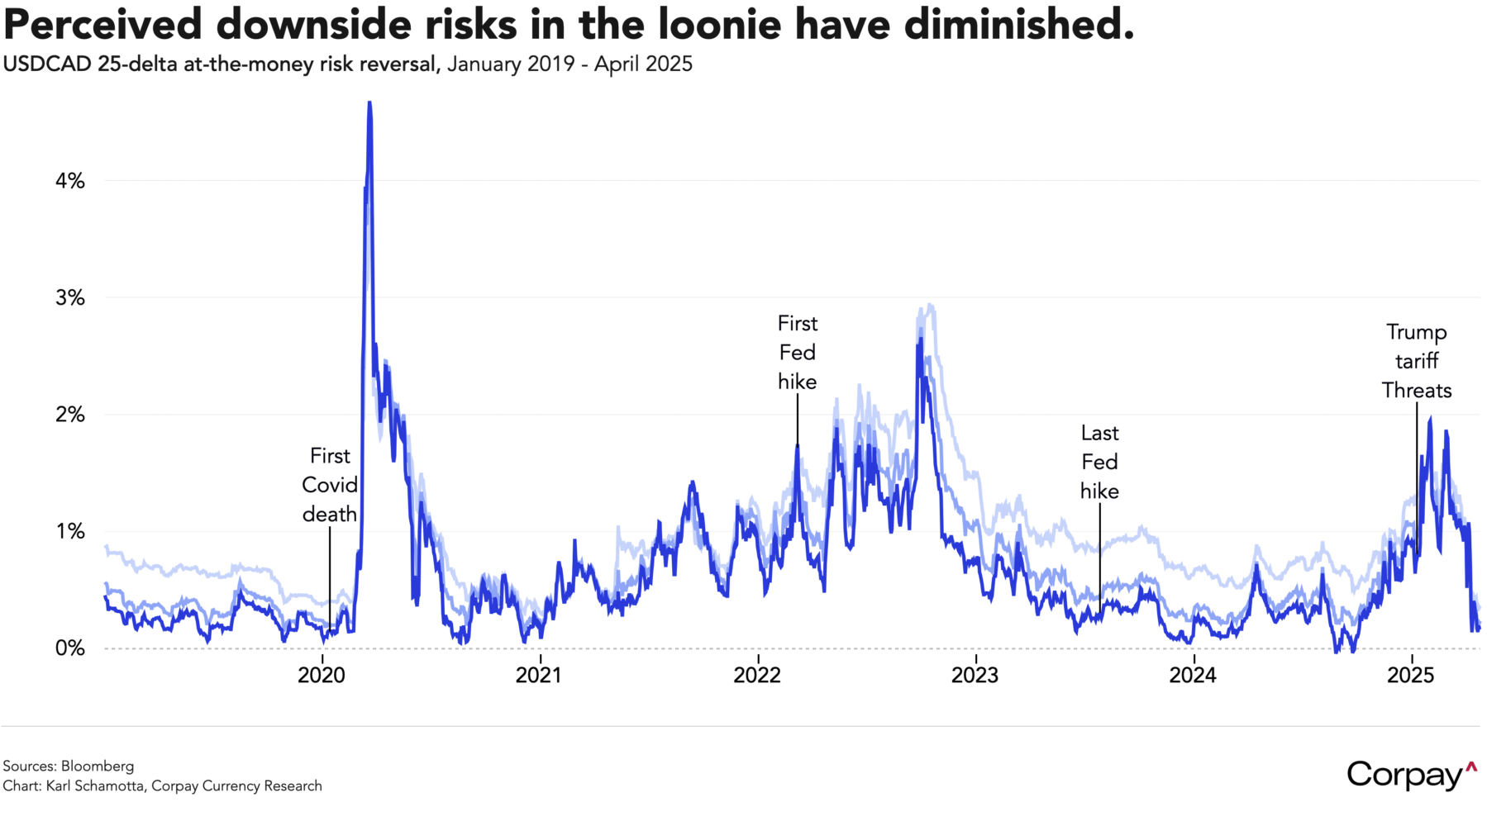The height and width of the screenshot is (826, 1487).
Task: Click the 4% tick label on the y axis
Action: point(69,181)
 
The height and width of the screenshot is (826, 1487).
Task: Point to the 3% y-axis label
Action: point(69,298)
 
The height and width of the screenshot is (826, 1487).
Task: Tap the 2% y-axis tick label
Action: point(69,415)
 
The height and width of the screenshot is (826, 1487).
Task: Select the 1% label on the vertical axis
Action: point(69,532)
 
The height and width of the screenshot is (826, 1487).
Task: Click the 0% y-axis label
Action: point(69,648)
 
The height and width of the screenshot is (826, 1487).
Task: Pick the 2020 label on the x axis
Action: point(322,676)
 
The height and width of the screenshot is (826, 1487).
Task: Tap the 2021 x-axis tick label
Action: point(539,676)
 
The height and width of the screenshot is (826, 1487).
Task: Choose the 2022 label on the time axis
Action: point(757,676)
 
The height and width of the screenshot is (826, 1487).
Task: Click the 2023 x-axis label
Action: point(975,676)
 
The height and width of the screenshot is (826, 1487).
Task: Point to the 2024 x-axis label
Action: point(1193,676)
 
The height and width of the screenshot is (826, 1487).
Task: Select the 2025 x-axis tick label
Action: point(1410,676)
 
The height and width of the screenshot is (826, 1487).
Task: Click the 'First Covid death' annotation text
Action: point(330,485)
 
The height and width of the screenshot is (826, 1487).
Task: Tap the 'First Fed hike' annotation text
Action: point(797,353)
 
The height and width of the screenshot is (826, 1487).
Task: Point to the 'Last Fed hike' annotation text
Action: point(1099,462)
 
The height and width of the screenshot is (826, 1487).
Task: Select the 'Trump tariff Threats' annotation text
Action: point(1417,361)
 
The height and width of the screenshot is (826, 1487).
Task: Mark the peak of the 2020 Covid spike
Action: point(369,103)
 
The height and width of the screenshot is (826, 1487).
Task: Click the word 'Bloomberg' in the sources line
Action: point(97,766)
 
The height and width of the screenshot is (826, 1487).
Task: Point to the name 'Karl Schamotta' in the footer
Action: point(95,786)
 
